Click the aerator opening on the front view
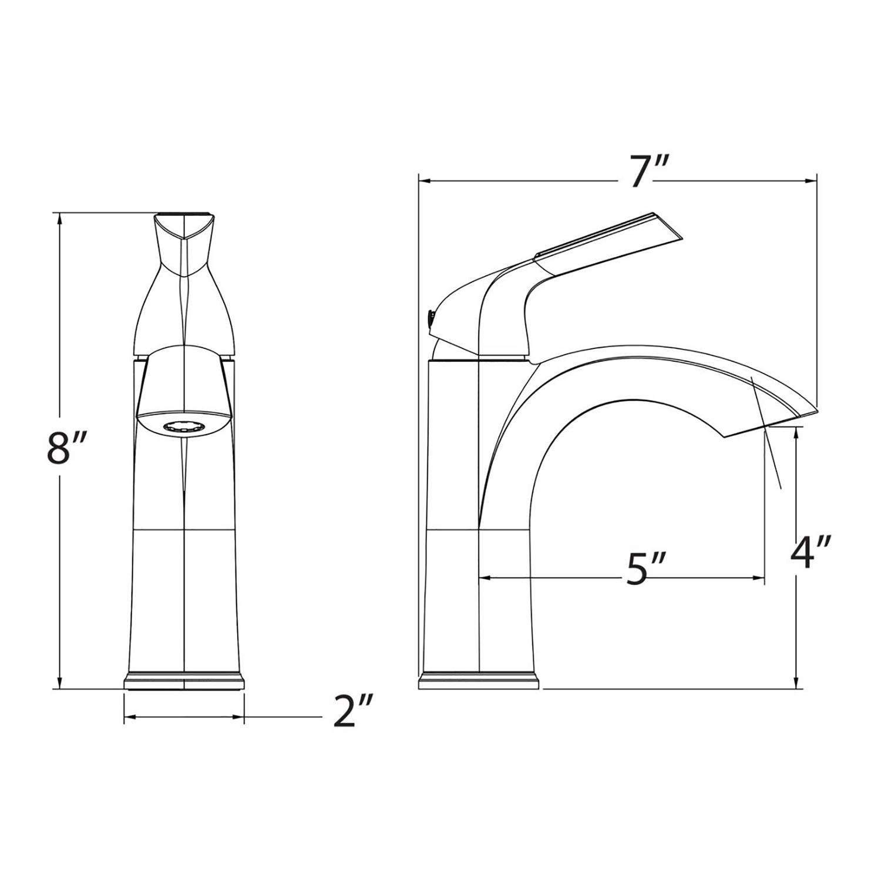184,428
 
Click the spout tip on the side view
805,413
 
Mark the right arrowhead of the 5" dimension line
759,579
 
